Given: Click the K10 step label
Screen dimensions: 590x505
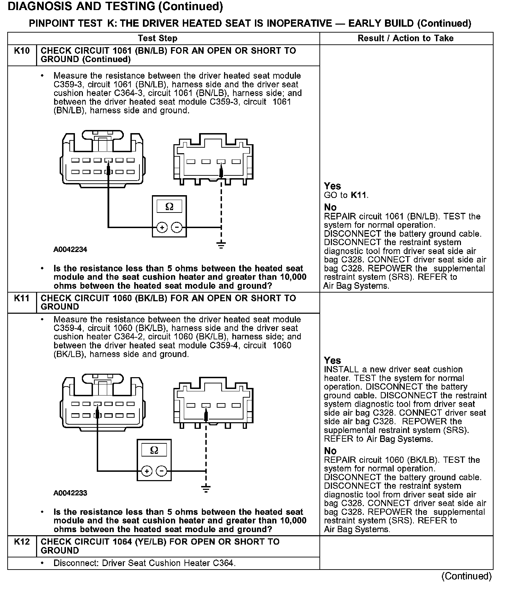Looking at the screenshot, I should tap(22, 51).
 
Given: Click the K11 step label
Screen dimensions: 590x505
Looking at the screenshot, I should tap(22, 298).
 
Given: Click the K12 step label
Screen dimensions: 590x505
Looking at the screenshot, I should tap(22, 542).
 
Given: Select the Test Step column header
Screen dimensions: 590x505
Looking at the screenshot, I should tap(157, 38).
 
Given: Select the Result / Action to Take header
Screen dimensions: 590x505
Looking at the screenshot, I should tap(405, 38).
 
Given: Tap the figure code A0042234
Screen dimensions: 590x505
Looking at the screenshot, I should tap(70, 250).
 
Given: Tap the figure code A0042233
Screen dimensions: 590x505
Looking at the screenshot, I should tap(70, 493).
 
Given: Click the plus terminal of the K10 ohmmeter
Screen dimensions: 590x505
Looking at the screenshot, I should tap(162, 227).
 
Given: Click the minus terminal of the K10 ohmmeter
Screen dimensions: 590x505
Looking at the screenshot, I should tap(177, 227).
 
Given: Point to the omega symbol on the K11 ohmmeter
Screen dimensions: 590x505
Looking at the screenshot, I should tap(154, 450).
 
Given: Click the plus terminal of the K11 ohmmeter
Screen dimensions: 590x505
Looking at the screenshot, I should tap(147, 471).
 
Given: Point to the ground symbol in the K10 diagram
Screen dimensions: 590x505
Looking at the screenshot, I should tap(221, 245).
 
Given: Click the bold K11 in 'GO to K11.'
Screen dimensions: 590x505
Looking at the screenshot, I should tap(359, 195).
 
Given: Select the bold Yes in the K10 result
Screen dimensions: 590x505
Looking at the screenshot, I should tap(332, 186).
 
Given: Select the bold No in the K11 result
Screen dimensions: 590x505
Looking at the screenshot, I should tap(330, 451).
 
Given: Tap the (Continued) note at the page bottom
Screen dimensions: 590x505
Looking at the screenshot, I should tap(466, 576).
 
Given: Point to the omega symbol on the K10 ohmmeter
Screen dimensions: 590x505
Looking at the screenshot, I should tap(169, 207).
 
